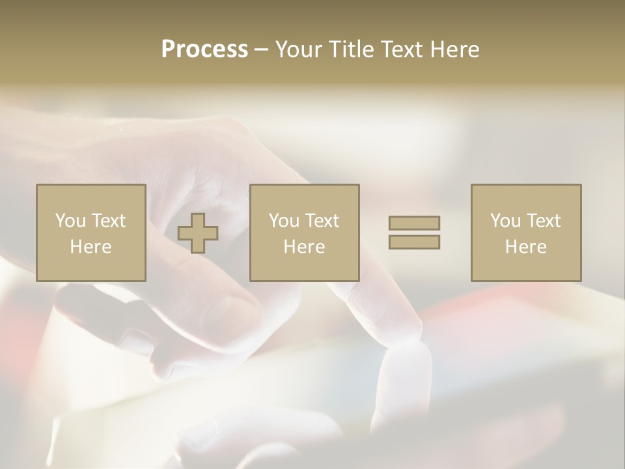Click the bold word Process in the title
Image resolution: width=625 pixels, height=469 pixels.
click(x=204, y=49)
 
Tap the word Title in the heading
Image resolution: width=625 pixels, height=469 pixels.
click(x=350, y=49)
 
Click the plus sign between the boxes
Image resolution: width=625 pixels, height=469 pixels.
click(x=198, y=233)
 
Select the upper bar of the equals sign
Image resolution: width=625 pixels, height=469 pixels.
click(x=414, y=223)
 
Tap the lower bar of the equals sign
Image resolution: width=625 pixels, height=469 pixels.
click(x=414, y=242)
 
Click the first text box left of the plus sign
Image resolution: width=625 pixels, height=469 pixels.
click(x=91, y=233)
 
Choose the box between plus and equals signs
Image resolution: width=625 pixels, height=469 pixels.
click(x=305, y=233)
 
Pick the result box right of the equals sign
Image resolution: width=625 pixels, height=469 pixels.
click(x=526, y=233)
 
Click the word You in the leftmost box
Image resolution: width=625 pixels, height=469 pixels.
click(x=70, y=221)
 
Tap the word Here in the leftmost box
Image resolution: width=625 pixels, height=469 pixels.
click(x=91, y=247)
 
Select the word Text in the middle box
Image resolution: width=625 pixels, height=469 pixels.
click(x=322, y=221)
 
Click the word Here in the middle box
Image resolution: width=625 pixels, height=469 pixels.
click(x=305, y=247)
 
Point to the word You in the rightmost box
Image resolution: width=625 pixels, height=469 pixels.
click(x=505, y=221)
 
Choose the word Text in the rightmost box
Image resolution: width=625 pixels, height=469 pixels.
click(x=544, y=221)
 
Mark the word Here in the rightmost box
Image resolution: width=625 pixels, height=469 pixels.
click(x=526, y=247)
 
